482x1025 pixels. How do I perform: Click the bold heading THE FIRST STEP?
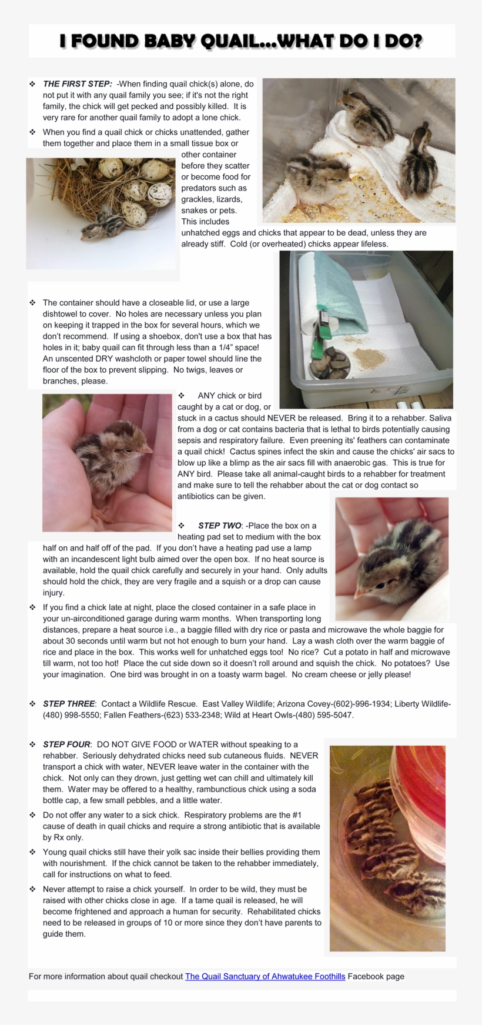point(77,84)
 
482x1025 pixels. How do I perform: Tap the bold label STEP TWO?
point(219,525)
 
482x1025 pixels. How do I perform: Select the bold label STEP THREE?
point(68,703)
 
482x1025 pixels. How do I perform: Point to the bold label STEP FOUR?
point(66,744)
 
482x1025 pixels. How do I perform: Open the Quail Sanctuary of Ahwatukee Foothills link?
point(265,976)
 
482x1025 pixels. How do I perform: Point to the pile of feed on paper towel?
point(370,358)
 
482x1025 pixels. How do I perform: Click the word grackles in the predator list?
point(198,199)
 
